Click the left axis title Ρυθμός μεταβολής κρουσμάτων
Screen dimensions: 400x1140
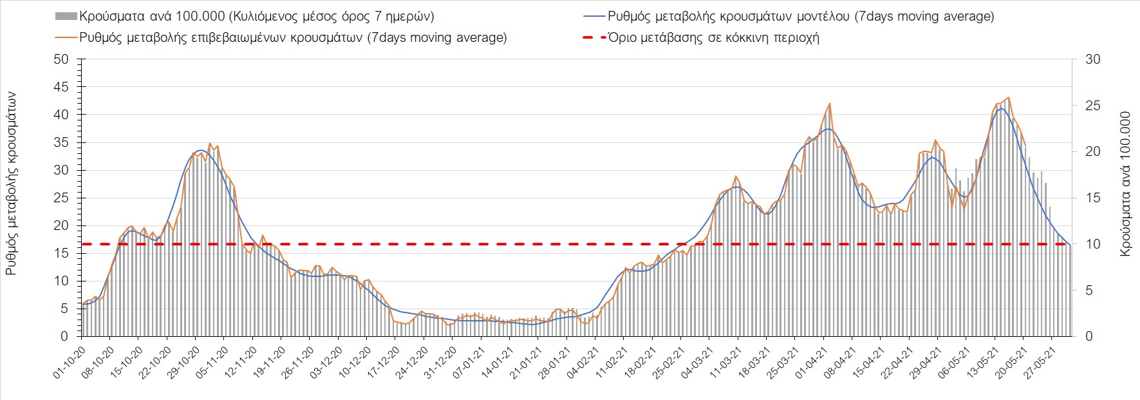[x=11, y=184]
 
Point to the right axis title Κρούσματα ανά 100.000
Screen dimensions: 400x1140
[x=1125, y=184]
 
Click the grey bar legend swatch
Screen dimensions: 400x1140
[x=66, y=16]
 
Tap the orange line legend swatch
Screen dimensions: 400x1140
[x=66, y=37]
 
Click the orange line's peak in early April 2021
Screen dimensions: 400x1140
[x=830, y=103]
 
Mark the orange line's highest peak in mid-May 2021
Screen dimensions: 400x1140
[x=1008, y=98]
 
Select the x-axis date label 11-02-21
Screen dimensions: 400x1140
[x=608, y=363]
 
